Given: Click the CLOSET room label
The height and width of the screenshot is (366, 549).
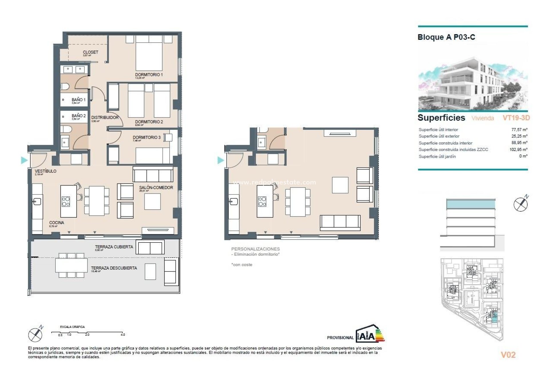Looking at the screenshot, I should (90, 52).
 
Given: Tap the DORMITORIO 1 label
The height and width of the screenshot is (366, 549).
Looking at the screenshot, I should (149, 75).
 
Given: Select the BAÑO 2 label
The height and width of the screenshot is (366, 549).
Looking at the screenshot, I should (79, 116).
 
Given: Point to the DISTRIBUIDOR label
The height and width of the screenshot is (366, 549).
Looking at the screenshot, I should (105, 118).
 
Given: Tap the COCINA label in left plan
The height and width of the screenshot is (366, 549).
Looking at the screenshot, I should (56, 222).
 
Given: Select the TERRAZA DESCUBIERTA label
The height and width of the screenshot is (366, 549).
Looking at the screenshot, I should (114, 268).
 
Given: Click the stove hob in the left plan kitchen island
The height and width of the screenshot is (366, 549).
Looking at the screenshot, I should (66, 202).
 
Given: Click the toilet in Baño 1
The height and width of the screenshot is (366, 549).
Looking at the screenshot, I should (65, 86).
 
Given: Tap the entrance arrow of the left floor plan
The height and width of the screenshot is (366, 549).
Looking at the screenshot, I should (24, 160).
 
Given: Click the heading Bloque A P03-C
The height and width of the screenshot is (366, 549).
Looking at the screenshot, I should (446, 37).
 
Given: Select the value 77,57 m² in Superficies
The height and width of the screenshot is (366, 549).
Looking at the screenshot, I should (519, 130).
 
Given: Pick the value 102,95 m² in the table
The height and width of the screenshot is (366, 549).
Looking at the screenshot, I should (518, 150).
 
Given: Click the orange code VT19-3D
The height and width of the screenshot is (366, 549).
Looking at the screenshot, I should (516, 118).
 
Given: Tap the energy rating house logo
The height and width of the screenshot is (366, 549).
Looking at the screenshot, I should (370, 334).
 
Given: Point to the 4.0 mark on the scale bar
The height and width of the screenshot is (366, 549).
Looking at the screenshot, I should (123, 334).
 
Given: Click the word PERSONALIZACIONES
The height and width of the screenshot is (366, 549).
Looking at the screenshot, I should (255, 249).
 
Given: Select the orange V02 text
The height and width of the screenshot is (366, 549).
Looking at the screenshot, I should (508, 355).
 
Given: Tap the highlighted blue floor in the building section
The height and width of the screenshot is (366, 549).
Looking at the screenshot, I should (470, 204).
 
